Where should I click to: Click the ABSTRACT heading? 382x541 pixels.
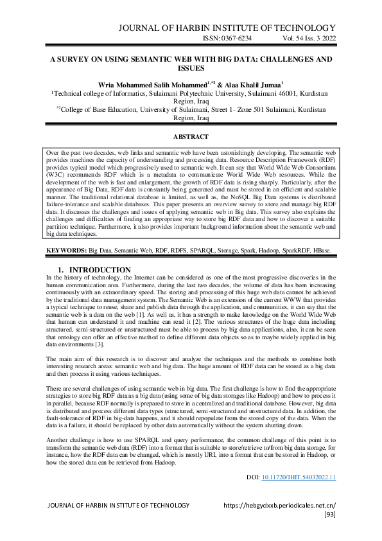coord(191,136)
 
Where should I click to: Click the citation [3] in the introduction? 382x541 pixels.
coord(96,344)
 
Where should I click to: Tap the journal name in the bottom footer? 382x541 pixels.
coord(119,506)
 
